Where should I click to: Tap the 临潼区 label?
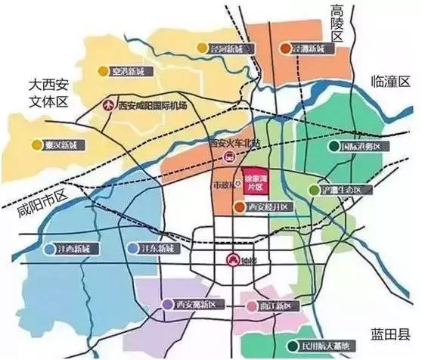tap(389, 80)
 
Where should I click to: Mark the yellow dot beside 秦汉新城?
tap(36, 144)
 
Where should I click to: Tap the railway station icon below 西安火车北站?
tap(228, 157)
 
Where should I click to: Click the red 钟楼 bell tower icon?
tap(232, 259)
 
